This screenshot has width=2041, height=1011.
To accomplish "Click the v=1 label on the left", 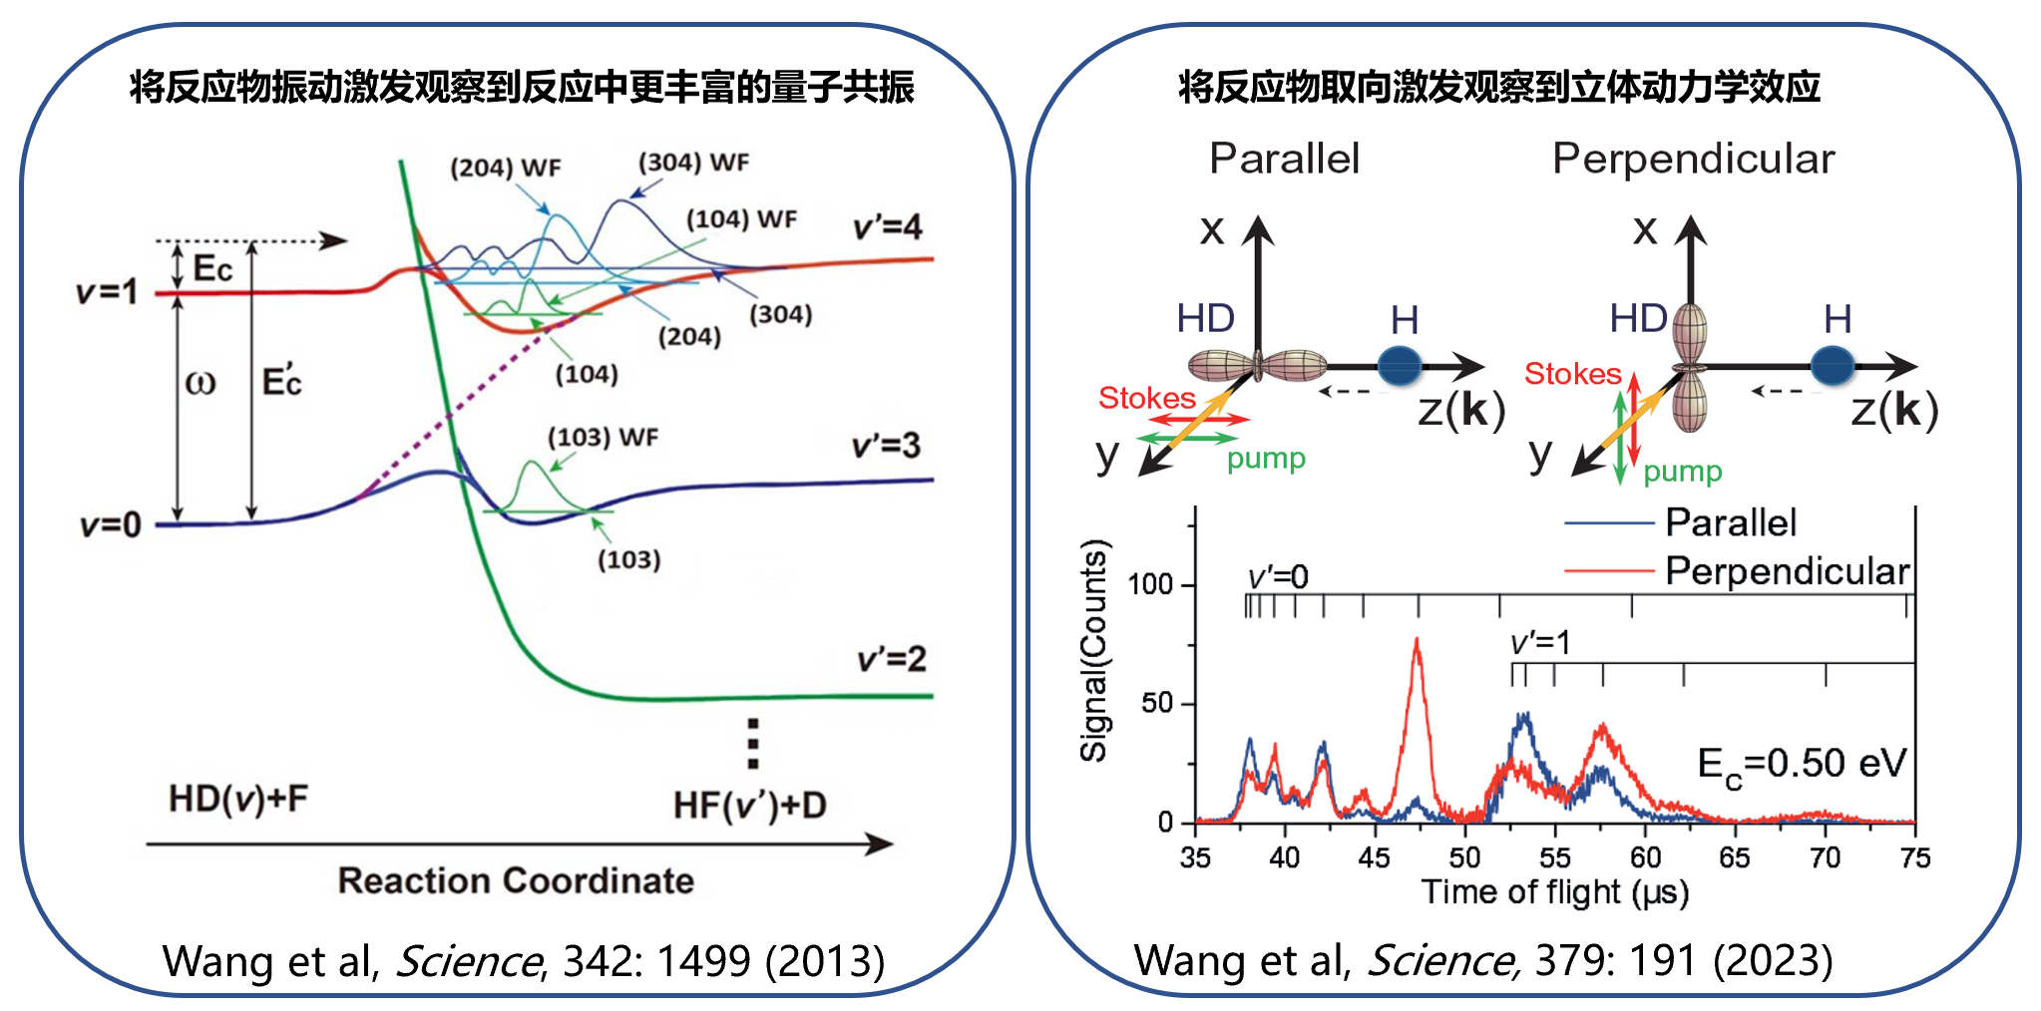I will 108,292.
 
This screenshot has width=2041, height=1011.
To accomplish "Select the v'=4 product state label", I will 887,227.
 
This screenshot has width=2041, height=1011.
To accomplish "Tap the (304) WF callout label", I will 693,163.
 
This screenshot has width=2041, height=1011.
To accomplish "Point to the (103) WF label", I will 603,438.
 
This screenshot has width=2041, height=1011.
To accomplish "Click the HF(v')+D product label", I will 749,806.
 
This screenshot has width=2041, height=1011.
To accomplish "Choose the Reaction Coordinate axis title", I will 516,880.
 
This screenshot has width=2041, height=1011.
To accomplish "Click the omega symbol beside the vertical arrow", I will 201,383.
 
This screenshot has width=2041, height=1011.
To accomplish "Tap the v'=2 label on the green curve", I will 892,659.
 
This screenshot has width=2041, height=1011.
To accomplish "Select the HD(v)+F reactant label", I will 238,799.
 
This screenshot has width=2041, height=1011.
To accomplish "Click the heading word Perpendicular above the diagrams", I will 1693,160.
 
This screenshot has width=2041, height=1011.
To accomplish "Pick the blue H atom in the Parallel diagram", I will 1399,366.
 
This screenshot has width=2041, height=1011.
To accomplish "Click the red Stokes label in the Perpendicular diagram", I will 1572,374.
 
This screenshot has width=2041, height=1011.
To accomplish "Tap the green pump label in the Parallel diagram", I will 1266,459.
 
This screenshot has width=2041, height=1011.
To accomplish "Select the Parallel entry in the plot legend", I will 1731,522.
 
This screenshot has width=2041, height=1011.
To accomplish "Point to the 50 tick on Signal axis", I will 1157,704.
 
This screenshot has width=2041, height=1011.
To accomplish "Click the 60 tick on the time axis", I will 1645,857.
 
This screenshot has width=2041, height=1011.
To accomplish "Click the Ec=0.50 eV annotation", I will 1802,766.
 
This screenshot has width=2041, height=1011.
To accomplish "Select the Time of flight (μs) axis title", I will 1554,891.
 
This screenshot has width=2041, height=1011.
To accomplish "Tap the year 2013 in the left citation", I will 824,961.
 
